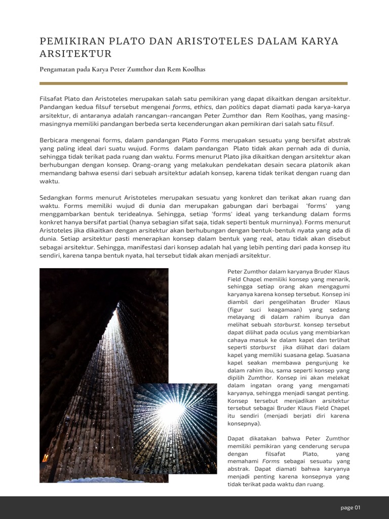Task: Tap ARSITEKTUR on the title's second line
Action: [75, 54]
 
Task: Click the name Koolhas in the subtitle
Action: [192, 69]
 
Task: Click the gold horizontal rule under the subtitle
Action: [193, 83]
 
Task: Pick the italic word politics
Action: [239, 107]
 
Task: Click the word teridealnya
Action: [137, 213]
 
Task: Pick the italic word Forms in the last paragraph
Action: [270, 461]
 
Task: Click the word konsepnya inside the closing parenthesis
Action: [244, 423]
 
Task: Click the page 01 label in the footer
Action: [350, 508]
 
